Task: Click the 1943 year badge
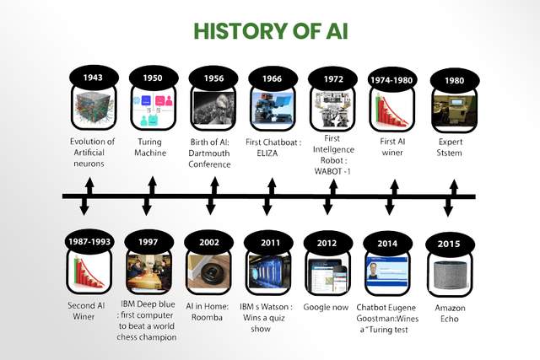coord(94,78)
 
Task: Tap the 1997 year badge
coord(148,242)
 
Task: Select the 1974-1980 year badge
coord(391,80)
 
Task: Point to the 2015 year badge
coord(450,244)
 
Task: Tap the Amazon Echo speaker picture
coord(450,276)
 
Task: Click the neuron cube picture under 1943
coord(94,108)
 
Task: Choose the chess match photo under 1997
coord(148,272)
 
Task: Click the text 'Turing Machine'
coord(150,148)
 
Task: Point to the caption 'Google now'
coord(326,307)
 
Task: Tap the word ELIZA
coord(267,153)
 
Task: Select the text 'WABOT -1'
coord(332,171)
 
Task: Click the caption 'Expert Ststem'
coord(450,148)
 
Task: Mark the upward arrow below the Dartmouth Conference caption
coord(215,185)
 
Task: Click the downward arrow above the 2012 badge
coord(328,207)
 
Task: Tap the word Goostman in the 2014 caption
coord(373,319)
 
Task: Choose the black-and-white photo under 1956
coord(214,109)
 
